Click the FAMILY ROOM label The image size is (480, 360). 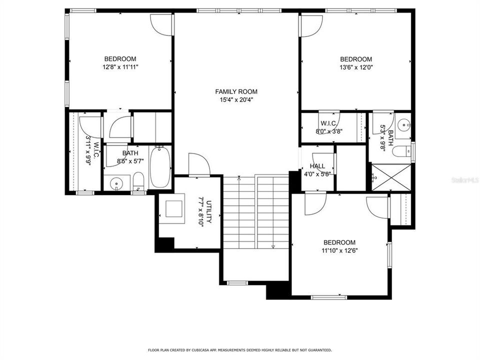[x=236, y=91]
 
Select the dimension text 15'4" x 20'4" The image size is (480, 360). [x=236, y=99]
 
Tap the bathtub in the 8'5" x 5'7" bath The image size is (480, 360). [x=160, y=166]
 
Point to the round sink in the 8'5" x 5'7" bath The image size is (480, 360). [x=117, y=183]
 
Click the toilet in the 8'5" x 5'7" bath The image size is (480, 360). [x=138, y=181]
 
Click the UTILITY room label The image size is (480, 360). [x=209, y=212]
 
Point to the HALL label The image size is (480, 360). [x=317, y=166]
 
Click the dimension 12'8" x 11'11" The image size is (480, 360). [x=120, y=66]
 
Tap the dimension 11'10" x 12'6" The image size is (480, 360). [x=339, y=250]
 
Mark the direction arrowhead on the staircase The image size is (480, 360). [x=273, y=246]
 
